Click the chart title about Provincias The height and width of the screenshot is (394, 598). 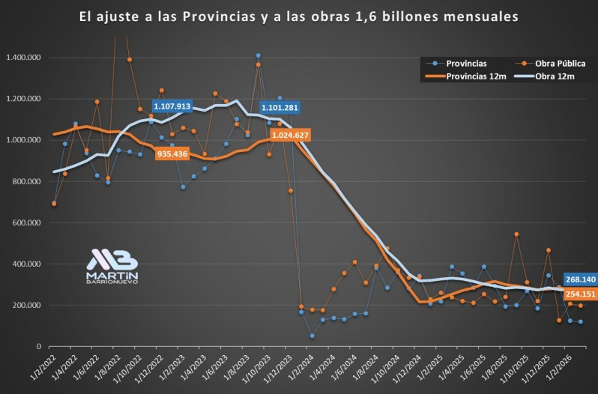pos(298,15)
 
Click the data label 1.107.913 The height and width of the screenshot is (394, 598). pos(173,107)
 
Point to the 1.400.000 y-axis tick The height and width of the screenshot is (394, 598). pos(22,58)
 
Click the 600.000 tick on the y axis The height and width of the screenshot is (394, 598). pos(25,222)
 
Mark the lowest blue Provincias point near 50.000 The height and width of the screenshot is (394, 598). pos(312,336)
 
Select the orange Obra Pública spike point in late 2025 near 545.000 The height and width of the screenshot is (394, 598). pos(516,234)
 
